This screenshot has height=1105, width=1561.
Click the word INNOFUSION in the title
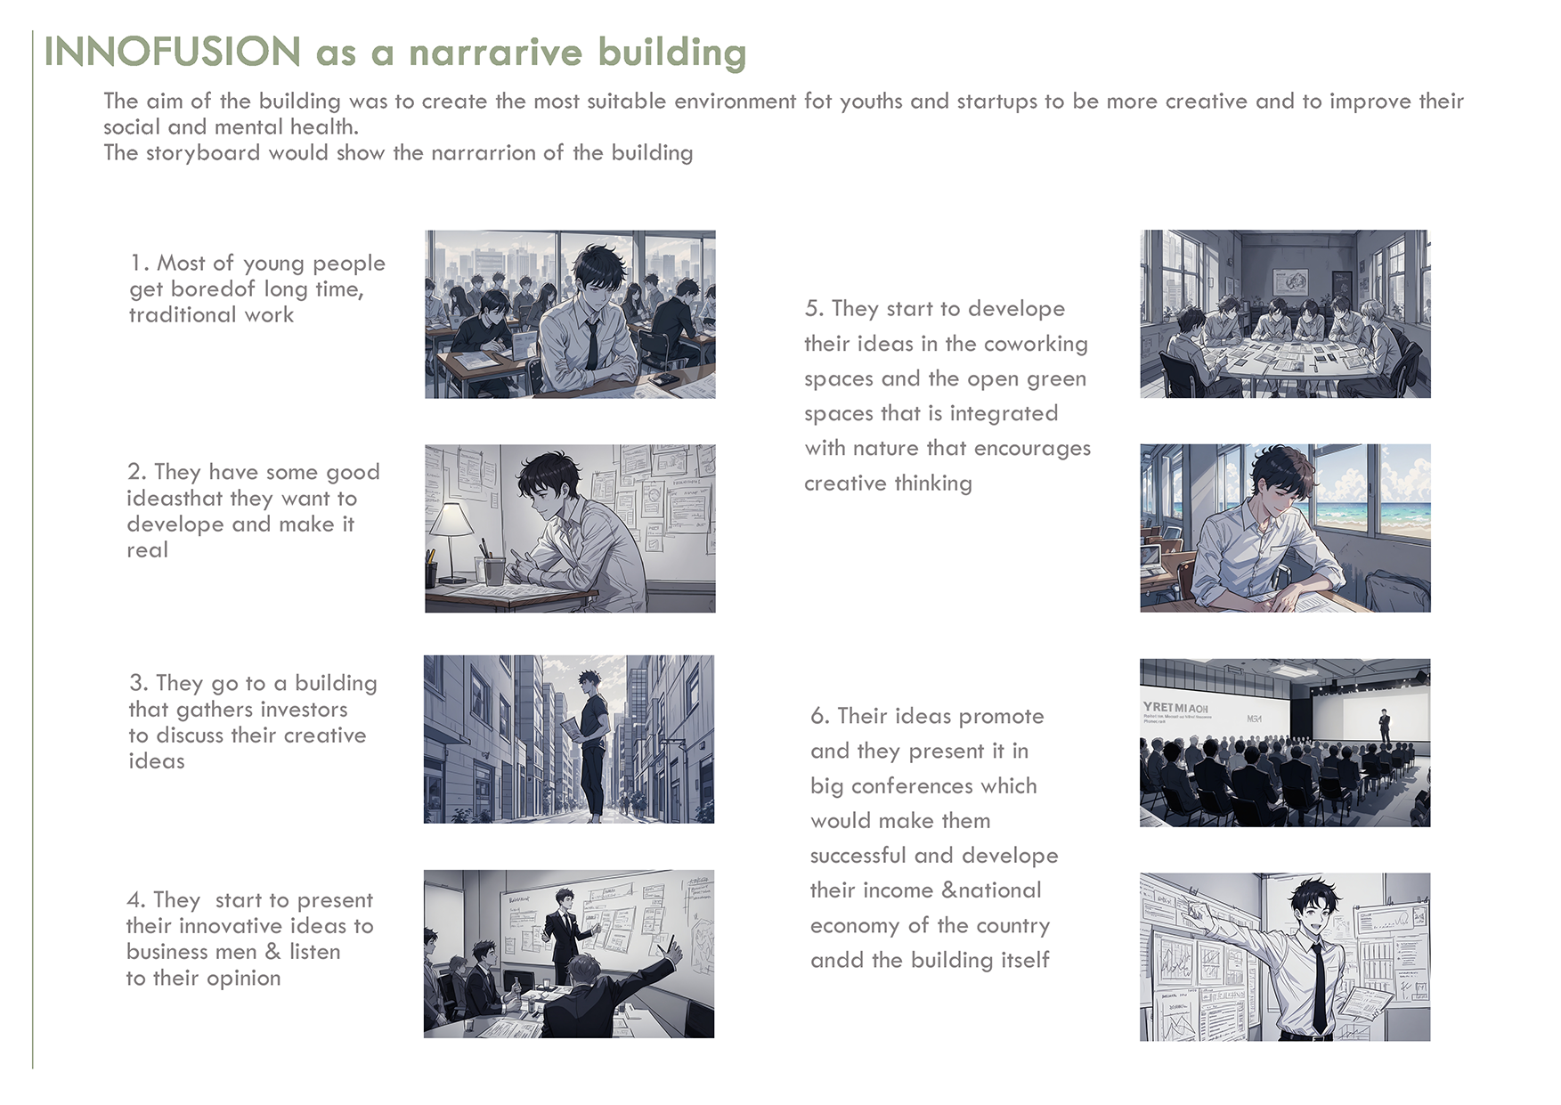coord(173,52)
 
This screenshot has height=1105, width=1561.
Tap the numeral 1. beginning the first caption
coord(140,264)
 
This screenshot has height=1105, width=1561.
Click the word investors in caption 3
coord(304,710)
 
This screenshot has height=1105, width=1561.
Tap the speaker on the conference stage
coord(1384,727)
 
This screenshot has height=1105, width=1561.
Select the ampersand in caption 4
coord(272,952)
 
